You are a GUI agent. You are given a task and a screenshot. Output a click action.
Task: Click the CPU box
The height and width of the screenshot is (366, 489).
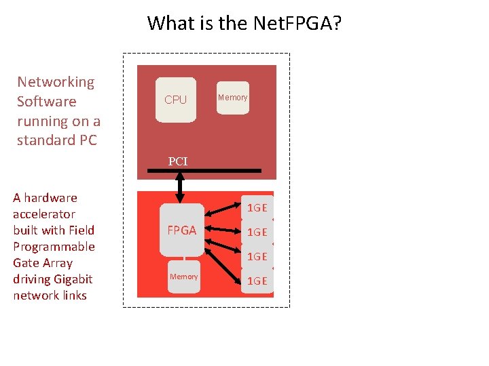[175, 100]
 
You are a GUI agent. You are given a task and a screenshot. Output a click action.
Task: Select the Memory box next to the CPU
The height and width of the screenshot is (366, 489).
[232, 98]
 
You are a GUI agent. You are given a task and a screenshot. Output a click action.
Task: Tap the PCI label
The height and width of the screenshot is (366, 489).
[178, 161]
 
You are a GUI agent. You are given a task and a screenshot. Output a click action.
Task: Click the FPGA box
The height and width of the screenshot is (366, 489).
[181, 230]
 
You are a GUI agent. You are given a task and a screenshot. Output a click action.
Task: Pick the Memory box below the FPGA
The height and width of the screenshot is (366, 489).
[183, 277]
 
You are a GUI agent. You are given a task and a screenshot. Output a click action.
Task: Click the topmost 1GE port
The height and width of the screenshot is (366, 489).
[257, 208]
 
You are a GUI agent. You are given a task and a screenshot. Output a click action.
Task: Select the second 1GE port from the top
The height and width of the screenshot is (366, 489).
[257, 232]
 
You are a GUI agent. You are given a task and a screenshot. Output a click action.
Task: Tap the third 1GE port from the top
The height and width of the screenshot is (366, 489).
[257, 257]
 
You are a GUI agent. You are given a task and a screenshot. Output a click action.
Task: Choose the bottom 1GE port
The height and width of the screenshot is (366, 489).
[257, 281]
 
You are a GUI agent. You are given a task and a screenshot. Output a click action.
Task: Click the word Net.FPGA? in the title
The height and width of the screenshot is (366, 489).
[297, 24]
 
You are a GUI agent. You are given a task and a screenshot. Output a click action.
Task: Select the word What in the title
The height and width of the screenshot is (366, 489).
[170, 24]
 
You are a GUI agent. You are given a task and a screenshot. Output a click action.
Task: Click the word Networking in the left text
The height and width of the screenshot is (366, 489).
[56, 82]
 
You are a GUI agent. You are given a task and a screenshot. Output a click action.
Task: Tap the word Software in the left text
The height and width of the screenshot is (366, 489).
[46, 102]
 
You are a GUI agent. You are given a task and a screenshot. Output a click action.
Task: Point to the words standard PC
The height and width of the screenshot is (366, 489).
[57, 140]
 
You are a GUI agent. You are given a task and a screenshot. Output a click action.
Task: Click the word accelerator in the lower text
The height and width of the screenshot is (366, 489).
[44, 214]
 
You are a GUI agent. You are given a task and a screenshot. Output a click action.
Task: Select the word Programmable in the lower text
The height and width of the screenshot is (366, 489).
[54, 247]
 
